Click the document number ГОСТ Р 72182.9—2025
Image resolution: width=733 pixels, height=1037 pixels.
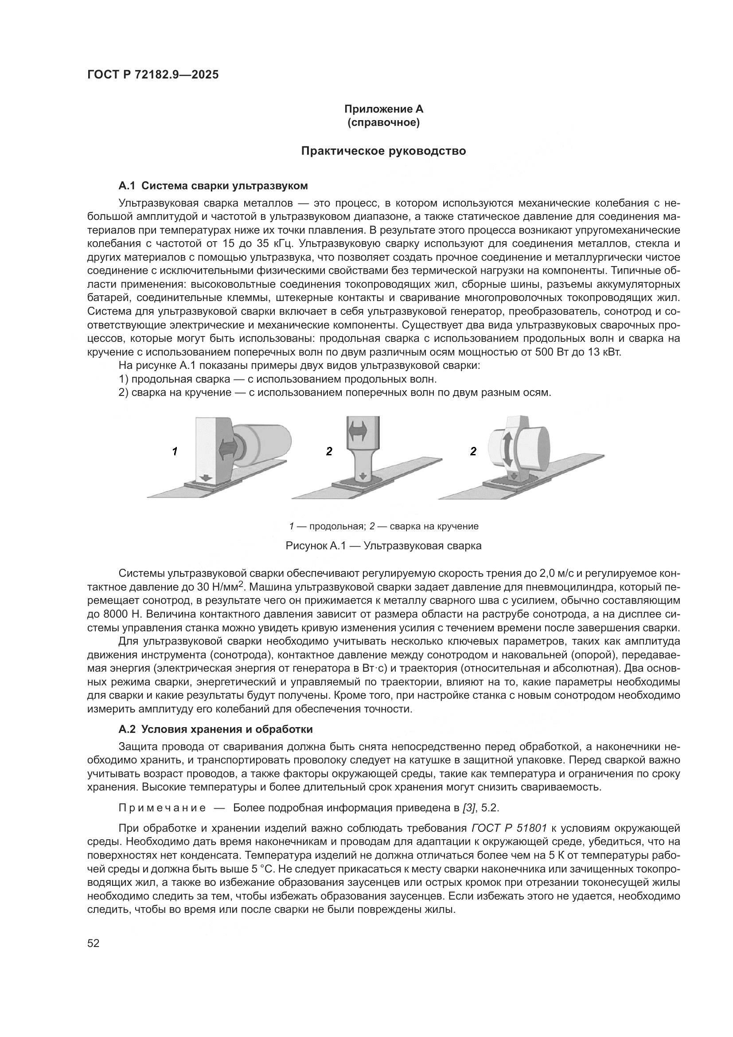click(152, 74)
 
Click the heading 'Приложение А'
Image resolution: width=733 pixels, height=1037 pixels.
click(383, 109)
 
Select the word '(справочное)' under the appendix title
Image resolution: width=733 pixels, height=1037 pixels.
click(383, 122)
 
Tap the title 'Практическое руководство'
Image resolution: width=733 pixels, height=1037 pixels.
click(383, 151)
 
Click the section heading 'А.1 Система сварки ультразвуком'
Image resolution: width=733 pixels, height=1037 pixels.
click(213, 186)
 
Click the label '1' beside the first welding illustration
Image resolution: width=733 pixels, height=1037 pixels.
click(175, 451)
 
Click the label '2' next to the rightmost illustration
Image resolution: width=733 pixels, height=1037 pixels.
click(473, 451)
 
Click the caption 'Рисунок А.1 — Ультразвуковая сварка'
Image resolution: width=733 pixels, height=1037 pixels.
click(383, 546)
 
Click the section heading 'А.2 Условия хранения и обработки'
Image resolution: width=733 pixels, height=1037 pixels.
click(215, 729)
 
